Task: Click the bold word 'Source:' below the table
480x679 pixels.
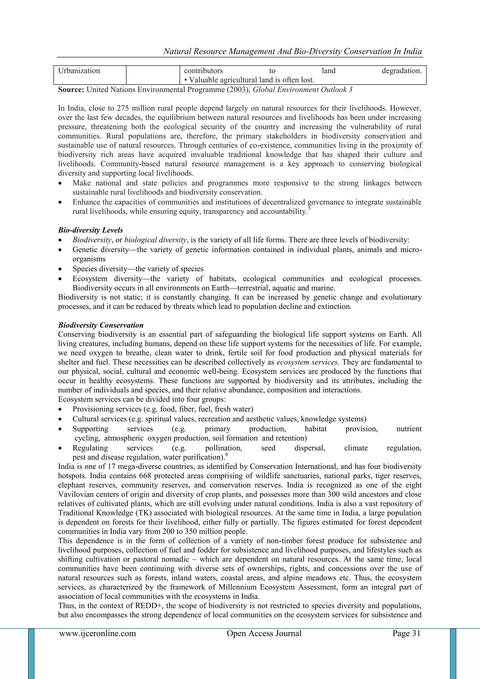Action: [71, 90]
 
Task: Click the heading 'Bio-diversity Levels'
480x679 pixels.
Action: [90, 230]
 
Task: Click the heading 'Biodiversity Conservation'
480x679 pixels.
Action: [101, 325]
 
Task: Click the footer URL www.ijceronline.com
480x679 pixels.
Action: [97, 633]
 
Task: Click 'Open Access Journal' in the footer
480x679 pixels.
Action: [264, 633]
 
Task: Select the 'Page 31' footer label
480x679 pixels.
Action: [406, 633]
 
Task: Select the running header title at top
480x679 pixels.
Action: [292, 51]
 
